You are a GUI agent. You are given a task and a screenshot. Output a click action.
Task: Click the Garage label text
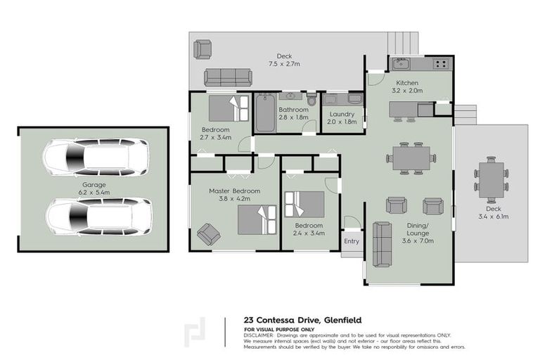pos(94,184)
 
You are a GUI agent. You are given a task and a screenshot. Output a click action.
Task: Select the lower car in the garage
pos(100,216)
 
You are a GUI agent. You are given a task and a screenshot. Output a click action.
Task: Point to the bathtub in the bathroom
pos(265,113)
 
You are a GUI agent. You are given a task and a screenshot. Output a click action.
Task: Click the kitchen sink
pos(401,64)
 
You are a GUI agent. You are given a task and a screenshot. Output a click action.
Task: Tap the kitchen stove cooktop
pos(441,64)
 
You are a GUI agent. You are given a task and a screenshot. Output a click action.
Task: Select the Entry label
pos(352,241)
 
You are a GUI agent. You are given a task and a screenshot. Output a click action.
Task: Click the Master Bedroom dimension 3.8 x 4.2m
pos(234,200)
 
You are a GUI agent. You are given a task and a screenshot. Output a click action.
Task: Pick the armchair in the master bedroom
pos(208,233)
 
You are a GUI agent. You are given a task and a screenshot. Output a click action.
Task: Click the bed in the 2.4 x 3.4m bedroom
pos(304,205)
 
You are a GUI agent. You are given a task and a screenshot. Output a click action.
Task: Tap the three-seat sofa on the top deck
pos(228,77)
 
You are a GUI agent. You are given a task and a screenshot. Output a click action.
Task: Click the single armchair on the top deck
pos(202,49)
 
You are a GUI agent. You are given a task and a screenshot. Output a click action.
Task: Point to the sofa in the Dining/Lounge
pos(382,244)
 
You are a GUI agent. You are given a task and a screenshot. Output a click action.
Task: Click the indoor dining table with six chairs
pos(408,158)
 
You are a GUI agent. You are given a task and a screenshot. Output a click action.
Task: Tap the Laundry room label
pos(342,113)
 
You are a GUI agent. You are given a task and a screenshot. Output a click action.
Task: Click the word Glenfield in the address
pos(342,319)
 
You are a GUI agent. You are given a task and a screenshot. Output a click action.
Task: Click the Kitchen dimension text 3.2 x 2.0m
pos(407,91)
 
